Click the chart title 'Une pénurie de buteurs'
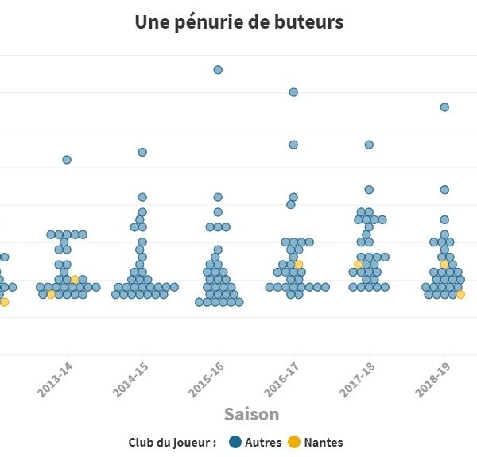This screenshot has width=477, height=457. coord(238,21)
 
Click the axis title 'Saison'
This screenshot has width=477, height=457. coord(251,414)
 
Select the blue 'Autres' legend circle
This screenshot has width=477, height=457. coord(235,442)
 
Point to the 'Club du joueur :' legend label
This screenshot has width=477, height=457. coord(173,442)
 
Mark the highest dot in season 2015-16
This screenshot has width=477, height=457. coord(218,70)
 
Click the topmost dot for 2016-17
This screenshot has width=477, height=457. coord(293,92)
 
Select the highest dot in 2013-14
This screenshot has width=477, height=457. coord(67,160)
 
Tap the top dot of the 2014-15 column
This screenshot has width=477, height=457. coord(142,152)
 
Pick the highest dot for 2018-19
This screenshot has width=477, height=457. coord(444,107)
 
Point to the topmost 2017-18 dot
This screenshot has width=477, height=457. coord(369,145)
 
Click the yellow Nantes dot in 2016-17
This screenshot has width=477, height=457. coord(298,264)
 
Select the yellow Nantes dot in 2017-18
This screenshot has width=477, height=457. coord(359,264)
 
